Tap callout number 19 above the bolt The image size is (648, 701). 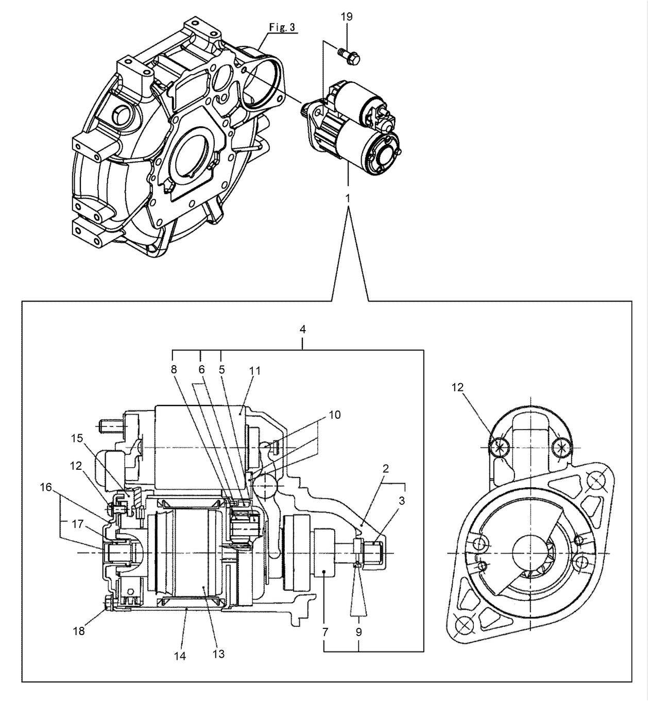pyautogui.click(x=347, y=16)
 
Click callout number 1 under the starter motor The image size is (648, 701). pyautogui.click(x=348, y=198)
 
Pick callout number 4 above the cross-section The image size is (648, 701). pyautogui.click(x=303, y=329)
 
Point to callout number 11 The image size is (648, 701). pyautogui.click(x=255, y=370)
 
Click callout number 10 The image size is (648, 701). pyautogui.click(x=335, y=415)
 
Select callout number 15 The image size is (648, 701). pyautogui.click(x=77, y=439)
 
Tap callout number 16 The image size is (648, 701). pyautogui.click(x=46, y=487)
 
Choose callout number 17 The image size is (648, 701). pyautogui.click(x=78, y=524)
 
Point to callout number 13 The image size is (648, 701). pyautogui.click(x=218, y=654)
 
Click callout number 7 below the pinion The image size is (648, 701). pyautogui.click(x=325, y=632)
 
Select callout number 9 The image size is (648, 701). pyautogui.click(x=359, y=632)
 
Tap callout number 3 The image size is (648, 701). pyautogui.click(x=402, y=500)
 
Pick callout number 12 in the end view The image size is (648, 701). pyautogui.click(x=458, y=388)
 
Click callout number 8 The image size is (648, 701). pyautogui.click(x=174, y=369)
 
